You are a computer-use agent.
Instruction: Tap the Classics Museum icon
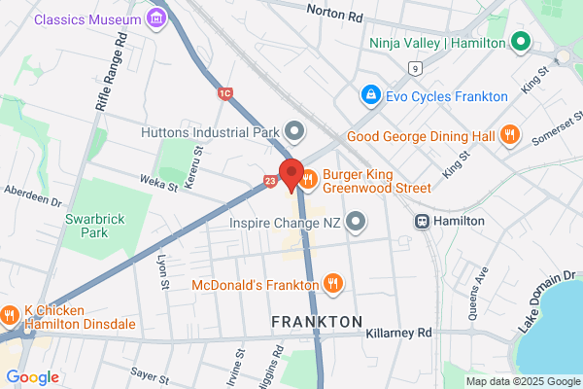pos(155,18)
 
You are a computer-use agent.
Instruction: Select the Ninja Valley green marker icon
pos(520,43)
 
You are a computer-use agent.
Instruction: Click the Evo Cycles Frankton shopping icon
pos(369,95)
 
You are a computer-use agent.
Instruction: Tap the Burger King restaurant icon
pos(309,178)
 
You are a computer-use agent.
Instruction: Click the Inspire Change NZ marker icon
pos(356,222)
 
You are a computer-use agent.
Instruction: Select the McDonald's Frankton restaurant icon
pos(332,284)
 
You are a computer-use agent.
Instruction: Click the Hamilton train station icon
pos(424,221)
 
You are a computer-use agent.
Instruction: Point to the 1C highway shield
pos(225,92)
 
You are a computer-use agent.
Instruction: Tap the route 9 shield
pos(415,68)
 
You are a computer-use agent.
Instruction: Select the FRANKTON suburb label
pos(317,321)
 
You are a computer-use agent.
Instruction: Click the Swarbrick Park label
pos(86,227)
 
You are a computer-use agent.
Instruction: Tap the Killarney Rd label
pos(398,333)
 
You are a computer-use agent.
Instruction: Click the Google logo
pos(32,377)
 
